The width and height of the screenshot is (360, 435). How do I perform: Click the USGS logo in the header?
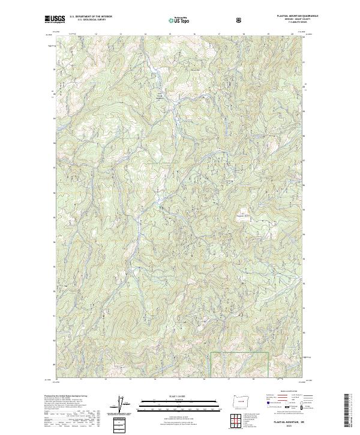(x=55, y=20)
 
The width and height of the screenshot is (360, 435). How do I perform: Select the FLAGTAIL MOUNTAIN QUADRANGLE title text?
(x=293, y=16)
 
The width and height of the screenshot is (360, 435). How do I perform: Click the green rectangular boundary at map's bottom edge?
(x=238, y=364)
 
